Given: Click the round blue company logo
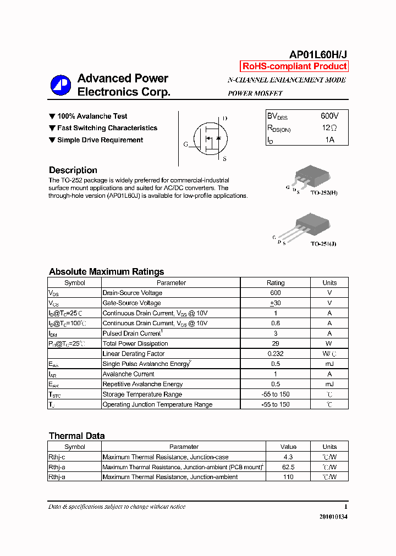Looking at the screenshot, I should click(x=61, y=85).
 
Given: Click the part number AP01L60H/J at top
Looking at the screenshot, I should click(x=318, y=54).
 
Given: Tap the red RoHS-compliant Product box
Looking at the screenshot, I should click(x=294, y=66).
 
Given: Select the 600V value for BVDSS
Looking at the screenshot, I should click(x=329, y=116).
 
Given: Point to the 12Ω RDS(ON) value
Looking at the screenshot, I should click(x=329, y=128).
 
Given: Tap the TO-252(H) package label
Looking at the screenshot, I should click(x=324, y=193).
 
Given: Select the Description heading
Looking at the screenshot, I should click(x=73, y=170).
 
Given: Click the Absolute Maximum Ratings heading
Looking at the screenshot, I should click(x=106, y=271).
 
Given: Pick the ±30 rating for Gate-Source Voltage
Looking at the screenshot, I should click(x=275, y=303).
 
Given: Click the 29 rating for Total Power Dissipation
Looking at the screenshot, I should click(x=275, y=343).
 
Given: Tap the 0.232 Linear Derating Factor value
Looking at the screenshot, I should click(x=275, y=354).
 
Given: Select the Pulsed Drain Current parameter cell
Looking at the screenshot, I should click(x=132, y=333).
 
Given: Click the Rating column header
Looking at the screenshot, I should click(x=275, y=283).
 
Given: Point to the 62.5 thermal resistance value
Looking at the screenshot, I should click(x=288, y=467).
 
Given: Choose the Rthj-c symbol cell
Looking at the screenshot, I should click(x=57, y=457).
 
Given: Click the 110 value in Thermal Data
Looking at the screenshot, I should click(x=288, y=477).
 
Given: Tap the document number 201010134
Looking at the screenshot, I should click(x=333, y=517).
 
